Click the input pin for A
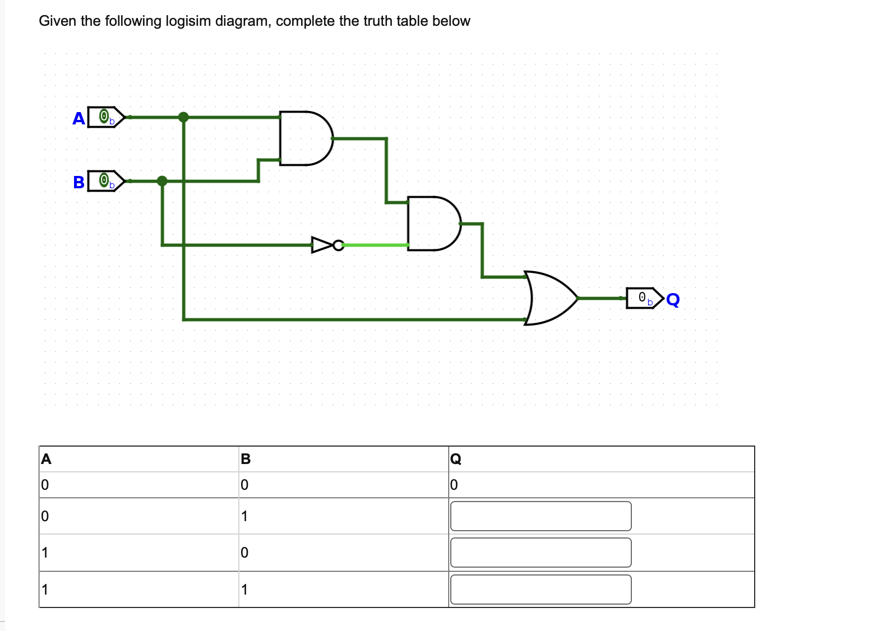click(x=104, y=117)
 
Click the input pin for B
click(x=104, y=181)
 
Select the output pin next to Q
click(x=644, y=298)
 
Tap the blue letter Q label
click(x=673, y=299)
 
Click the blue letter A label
click(x=78, y=118)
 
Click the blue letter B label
click(x=78, y=182)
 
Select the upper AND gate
click(x=304, y=138)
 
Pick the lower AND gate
click(x=432, y=223)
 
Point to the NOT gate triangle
click(x=322, y=245)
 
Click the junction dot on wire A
click(x=183, y=117)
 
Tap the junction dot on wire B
click(x=162, y=181)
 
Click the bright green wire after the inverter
click(x=375, y=245)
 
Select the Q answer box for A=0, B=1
click(x=540, y=516)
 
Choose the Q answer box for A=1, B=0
click(x=540, y=553)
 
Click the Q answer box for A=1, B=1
click(x=540, y=590)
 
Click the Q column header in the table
click(x=456, y=459)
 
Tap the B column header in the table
click(x=246, y=459)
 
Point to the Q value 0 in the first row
click(x=454, y=485)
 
